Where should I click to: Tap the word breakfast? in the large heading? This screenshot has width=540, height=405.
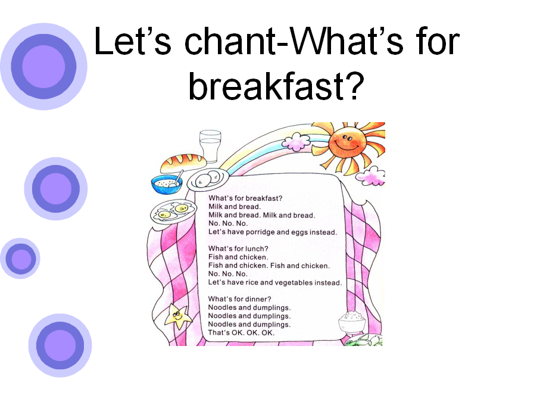[276, 86]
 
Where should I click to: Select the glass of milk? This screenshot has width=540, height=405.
[210, 146]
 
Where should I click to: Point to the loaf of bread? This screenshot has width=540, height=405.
[183, 163]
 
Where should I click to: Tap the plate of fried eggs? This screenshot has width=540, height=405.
[173, 213]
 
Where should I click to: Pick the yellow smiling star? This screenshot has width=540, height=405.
[177, 315]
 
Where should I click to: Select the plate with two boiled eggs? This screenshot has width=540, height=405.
[207, 179]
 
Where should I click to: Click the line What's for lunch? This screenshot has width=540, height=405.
[238, 248]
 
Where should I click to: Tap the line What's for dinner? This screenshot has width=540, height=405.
[239, 299]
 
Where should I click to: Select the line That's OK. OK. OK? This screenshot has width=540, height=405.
[241, 333]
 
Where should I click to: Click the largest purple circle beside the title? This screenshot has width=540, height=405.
[43, 67]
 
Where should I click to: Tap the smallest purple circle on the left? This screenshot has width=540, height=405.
[20, 258]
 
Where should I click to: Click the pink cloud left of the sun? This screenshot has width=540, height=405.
[296, 142]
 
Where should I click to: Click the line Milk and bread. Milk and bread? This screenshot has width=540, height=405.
[262, 215]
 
